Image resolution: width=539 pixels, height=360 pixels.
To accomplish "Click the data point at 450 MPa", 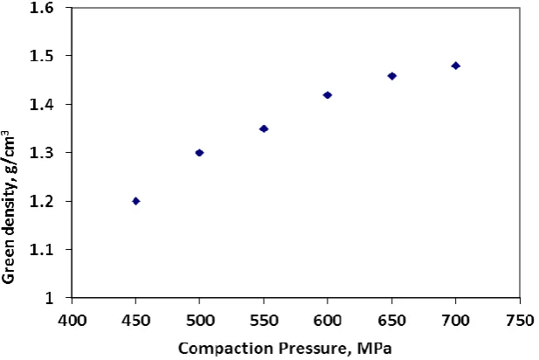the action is click(x=135, y=201).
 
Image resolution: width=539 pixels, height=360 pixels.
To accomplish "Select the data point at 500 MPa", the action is click(x=199, y=153).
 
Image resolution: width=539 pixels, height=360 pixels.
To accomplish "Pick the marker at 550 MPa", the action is click(x=264, y=129).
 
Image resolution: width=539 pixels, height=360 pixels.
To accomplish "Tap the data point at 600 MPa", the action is click(x=328, y=95).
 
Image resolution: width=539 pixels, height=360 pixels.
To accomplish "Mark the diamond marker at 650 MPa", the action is click(x=392, y=76).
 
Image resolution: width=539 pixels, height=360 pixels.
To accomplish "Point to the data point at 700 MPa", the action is click(x=456, y=66).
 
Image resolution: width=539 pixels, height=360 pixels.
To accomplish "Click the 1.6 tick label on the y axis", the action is click(x=42, y=8).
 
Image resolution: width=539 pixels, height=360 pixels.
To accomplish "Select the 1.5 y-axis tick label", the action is click(x=42, y=56).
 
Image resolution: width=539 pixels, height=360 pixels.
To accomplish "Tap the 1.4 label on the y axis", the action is click(x=42, y=104).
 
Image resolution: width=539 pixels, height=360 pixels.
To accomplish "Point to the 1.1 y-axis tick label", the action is click(x=42, y=249).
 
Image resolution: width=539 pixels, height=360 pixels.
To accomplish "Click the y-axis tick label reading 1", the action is click(x=50, y=298).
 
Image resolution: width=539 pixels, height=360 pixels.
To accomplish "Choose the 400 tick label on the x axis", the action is click(x=72, y=321).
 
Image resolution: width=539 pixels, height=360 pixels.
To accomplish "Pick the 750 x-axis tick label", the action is click(x=520, y=321).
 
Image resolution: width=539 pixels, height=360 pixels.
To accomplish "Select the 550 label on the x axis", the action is click(x=264, y=321).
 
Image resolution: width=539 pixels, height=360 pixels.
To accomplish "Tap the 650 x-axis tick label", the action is click(x=392, y=321).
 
